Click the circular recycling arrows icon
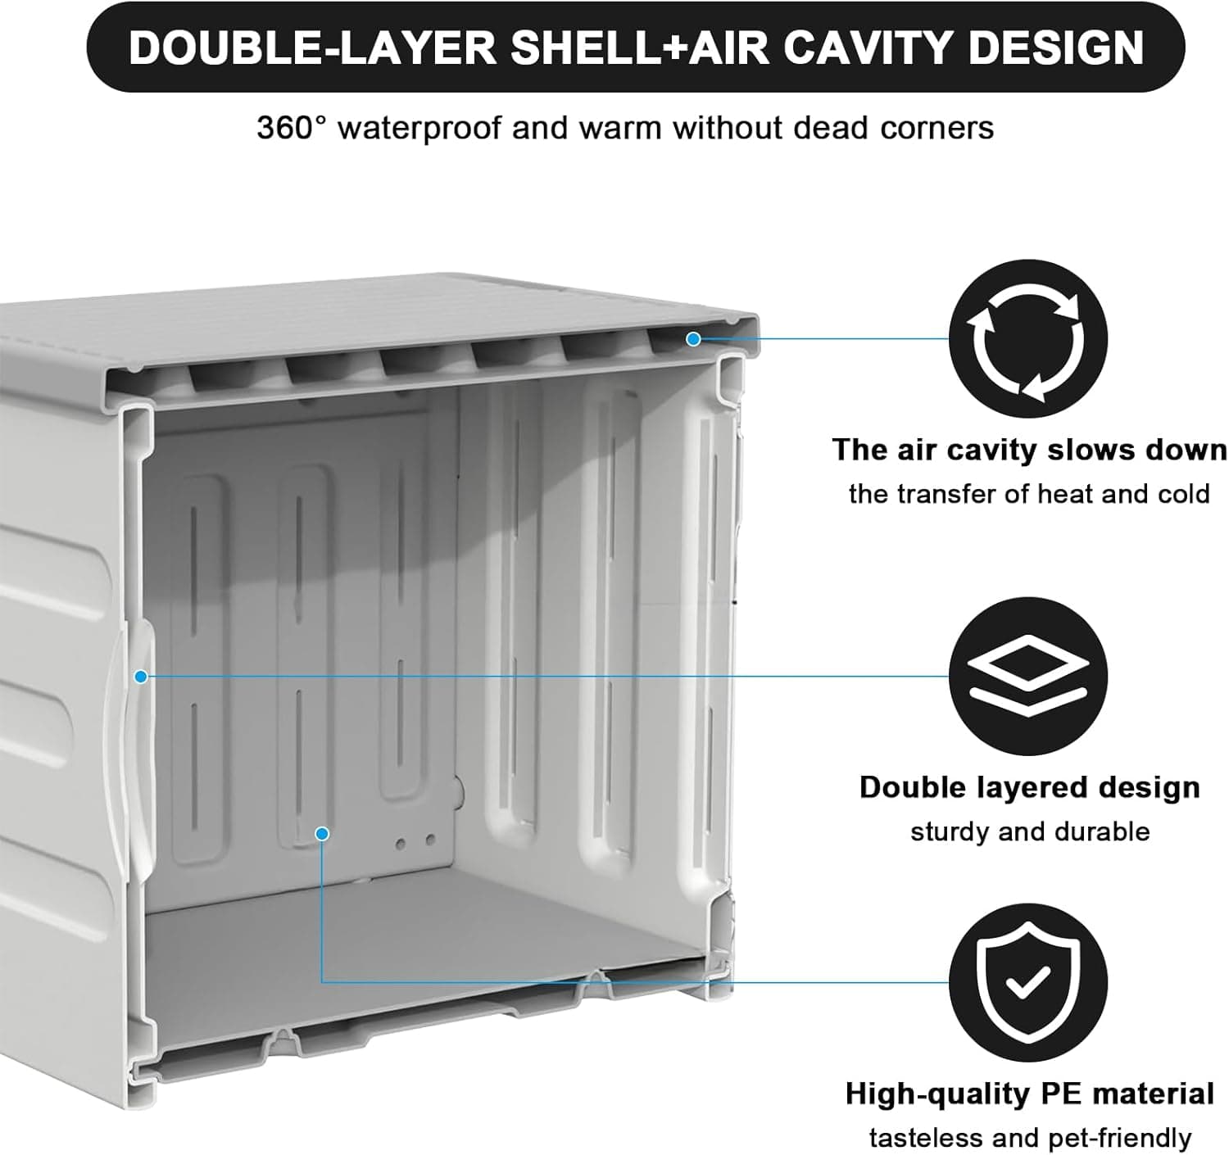1027,339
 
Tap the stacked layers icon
1027,677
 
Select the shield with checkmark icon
1027,982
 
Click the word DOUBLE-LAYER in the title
312,48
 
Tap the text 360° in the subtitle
291,129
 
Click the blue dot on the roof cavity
693,338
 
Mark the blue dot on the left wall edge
141,677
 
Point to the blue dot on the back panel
322,833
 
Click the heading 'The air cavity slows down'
1029,450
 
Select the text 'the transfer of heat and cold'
1029,494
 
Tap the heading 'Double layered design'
1029,787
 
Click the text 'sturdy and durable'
1029,831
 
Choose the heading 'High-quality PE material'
1029,1094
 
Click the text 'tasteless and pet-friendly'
1029,1138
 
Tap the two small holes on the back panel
415,841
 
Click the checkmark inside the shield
1027,982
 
